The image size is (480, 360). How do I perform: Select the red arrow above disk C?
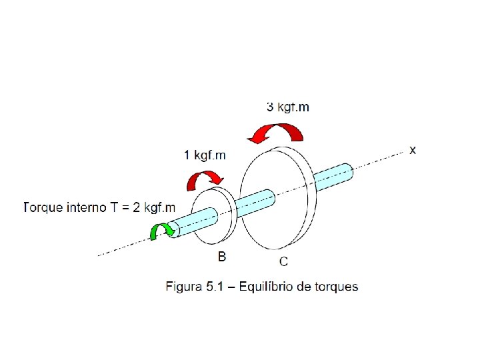(x=275, y=132)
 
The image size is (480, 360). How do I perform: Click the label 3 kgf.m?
(x=287, y=107)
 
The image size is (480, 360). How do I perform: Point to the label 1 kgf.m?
(x=205, y=156)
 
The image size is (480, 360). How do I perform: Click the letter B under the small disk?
(x=222, y=255)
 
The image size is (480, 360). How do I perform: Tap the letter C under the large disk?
(x=283, y=261)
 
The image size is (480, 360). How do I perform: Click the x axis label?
(x=413, y=151)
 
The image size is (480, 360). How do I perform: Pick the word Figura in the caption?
(x=183, y=287)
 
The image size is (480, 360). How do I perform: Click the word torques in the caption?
(x=335, y=287)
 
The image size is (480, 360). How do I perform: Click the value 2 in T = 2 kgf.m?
(x=137, y=207)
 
